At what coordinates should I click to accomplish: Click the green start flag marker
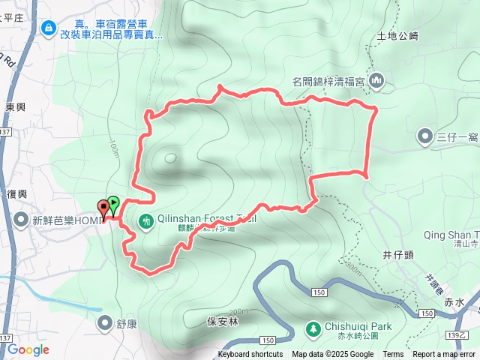click(112, 202)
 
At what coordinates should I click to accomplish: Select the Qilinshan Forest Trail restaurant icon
click(146, 220)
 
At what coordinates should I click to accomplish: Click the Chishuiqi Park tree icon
click(313, 328)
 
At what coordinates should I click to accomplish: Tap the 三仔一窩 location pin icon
click(424, 136)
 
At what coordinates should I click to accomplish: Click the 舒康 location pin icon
click(106, 322)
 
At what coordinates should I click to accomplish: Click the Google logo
click(28, 349)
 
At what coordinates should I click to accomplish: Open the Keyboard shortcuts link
click(250, 355)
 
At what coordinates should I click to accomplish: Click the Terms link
click(393, 355)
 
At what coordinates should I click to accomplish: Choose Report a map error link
click(445, 355)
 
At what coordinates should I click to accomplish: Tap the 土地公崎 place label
click(397, 35)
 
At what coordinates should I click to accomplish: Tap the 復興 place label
click(17, 193)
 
